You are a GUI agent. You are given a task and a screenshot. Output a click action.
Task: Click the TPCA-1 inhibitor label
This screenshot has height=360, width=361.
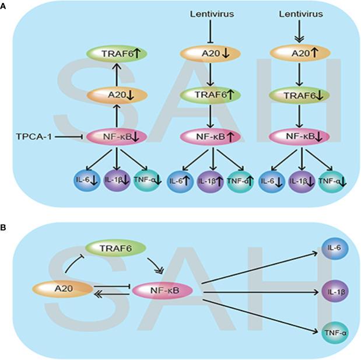(x=34, y=137)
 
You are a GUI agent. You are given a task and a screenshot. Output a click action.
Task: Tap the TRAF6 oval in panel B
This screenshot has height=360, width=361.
(x=115, y=249)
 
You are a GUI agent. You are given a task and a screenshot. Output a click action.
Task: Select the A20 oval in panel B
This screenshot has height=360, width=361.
(x=63, y=288)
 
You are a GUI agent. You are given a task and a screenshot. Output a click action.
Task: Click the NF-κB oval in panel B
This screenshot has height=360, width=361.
(x=162, y=291)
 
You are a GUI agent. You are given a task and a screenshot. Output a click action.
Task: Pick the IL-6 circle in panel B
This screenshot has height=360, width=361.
(x=335, y=249)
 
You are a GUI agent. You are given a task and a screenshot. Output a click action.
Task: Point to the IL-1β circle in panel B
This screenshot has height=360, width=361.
(x=335, y=291)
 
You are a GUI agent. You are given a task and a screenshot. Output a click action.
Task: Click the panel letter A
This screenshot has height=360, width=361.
(x=3, y=6)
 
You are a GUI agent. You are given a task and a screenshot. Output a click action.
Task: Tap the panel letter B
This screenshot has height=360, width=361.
(x=3, y=228)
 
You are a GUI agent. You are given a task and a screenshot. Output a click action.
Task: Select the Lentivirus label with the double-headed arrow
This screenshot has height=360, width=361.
(x=301, y=14)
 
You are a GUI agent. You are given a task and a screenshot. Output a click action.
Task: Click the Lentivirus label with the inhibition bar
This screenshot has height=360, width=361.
(x=212, y=14)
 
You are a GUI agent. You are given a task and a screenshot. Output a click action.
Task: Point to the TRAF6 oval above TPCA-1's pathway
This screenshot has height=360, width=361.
(x=117, y=54)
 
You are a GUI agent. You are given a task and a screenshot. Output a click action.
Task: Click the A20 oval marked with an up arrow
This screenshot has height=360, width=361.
(x=300, y=54)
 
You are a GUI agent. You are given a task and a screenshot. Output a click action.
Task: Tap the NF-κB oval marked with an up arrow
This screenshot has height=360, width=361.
(x=210, y=137)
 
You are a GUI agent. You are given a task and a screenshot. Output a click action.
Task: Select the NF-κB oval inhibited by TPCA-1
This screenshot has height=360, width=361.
(x=117, y=137)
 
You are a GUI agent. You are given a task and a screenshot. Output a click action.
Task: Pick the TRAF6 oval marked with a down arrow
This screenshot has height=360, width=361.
(x=299, y=95)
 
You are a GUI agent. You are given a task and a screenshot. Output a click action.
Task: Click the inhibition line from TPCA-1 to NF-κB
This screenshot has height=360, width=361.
(x=69, y=137)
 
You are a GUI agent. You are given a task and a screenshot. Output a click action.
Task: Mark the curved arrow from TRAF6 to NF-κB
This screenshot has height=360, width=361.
(x=156, y=266)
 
